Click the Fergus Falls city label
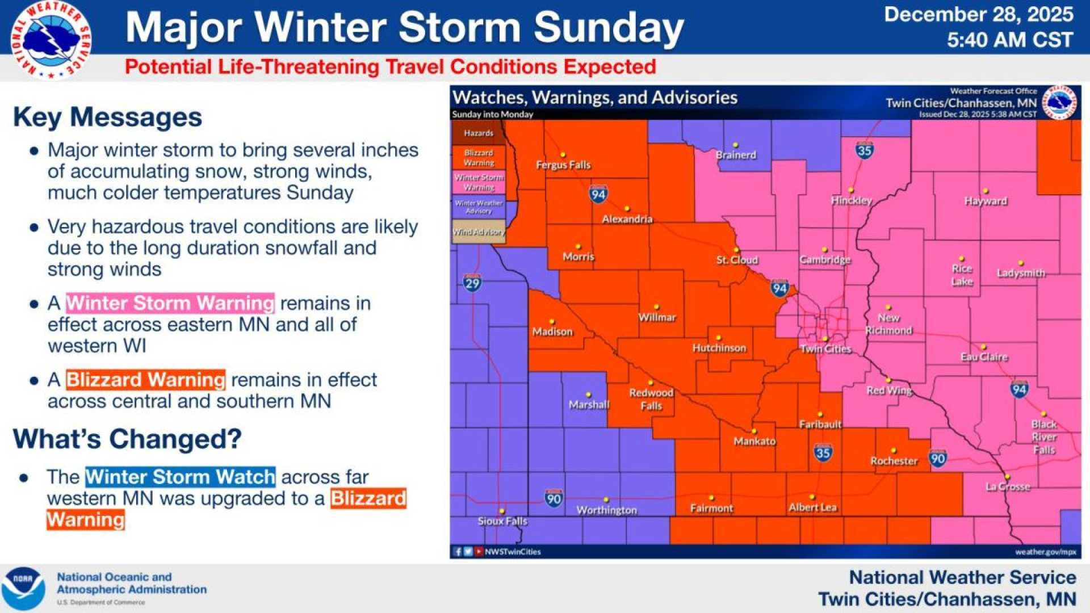[x=563, y=165]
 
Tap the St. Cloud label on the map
[x=737, y=260]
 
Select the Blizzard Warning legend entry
[x=479, y=158]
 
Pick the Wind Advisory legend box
[x=479, y=232]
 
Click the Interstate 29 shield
[x=472, y=283]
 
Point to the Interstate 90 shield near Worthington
[x=554, y=498]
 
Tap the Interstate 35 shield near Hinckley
[x=864, y=150]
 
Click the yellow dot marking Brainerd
[x=735, y=145]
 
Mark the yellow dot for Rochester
[x=893, y=451]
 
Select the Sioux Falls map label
[x=502, y=521]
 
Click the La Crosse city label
[x=1008, y=487]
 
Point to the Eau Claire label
[x=984, y=357]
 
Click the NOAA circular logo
[x=23, y=588]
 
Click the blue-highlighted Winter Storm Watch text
[x=181, y=477]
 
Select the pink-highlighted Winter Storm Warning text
[x=170, y=303]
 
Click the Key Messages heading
[x=108, y=117]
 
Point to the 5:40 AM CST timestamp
[x=1010, y=40]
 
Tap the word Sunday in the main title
[x=609, y=27]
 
